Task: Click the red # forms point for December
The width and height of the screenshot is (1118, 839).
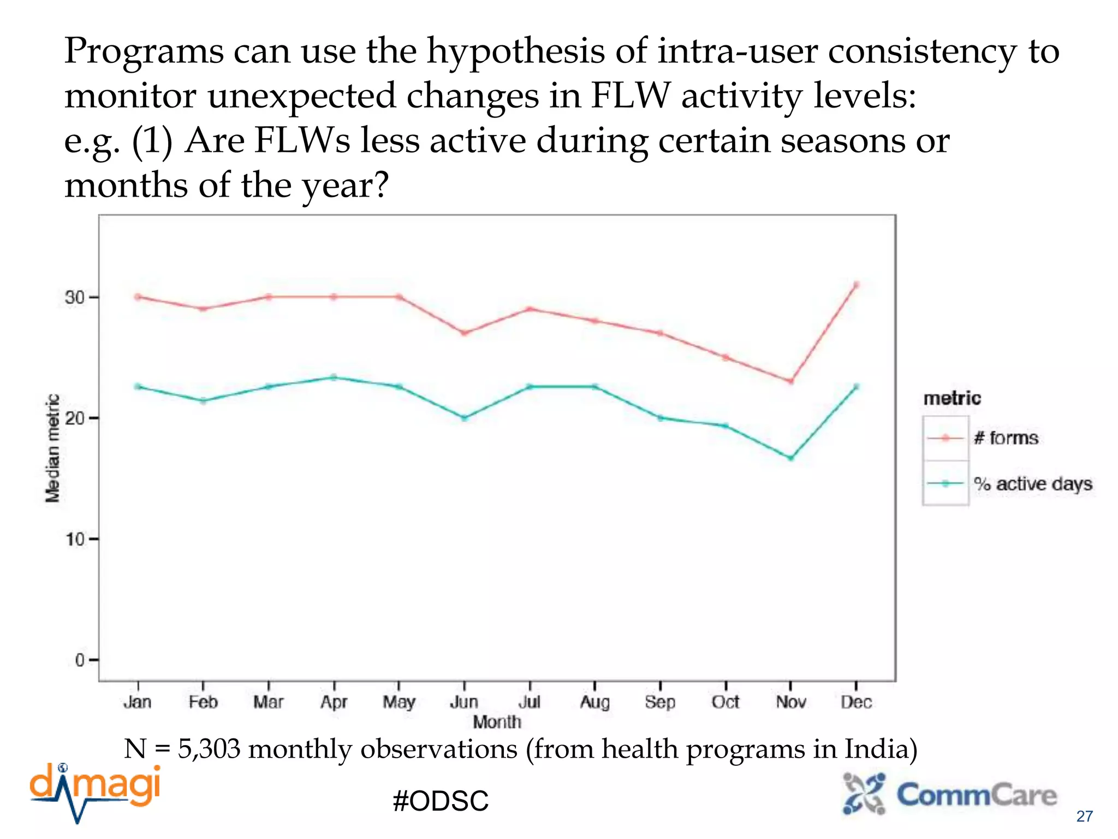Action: tap(856, 285)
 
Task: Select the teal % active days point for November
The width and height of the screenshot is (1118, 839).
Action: tap(791, 458)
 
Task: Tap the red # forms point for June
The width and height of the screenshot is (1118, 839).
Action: tap(464, 333)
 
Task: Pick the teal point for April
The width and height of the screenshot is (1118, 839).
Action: tap(334, 377)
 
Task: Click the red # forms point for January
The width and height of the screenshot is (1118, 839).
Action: tap(138, 297)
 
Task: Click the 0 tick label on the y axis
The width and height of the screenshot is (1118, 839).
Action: tap(80, 660)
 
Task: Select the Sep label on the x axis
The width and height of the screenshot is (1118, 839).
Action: tap(660, 702)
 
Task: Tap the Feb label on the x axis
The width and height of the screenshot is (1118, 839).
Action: tap(203, 702)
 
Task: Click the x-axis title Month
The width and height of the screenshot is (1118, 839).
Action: tap(497, 722)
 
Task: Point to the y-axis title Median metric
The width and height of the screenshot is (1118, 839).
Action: tap(52, 448)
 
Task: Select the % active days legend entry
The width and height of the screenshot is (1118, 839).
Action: tap(1033, 484)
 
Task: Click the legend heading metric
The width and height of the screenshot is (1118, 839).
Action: tap(952, 398)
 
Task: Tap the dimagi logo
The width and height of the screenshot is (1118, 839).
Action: tap(96, 792)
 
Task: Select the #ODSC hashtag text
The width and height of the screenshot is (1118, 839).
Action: tap(441, 801)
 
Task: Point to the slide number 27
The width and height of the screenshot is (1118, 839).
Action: tap(1084, 816)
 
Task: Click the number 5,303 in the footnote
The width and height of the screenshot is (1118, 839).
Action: tap(209, 749)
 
